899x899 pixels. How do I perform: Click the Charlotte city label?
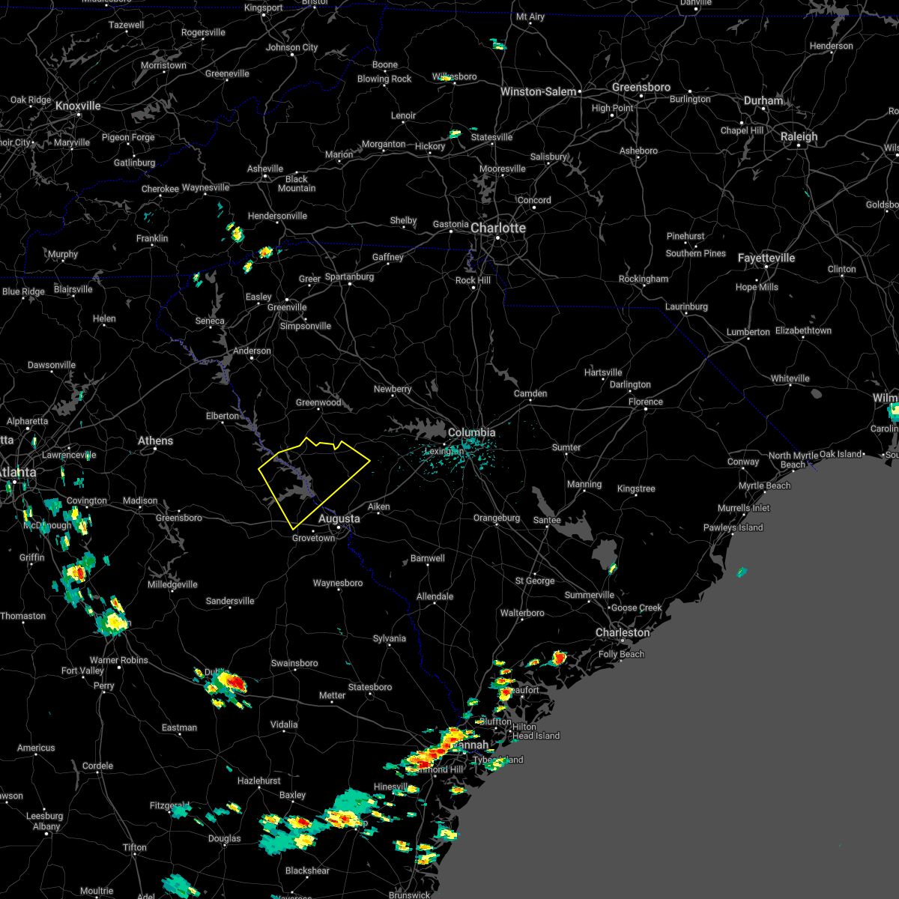498,228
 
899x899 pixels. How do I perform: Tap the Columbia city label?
471,432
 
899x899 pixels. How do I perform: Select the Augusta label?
339,518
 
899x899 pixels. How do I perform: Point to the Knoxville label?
78,106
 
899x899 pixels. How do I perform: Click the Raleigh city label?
799,136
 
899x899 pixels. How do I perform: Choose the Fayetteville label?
766,258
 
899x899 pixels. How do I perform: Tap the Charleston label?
623,632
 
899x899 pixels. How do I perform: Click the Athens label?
155,441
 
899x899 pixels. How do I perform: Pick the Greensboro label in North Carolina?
641,87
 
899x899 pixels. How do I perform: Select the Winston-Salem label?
538,91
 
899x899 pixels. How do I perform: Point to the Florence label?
645,402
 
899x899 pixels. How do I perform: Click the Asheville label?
265,169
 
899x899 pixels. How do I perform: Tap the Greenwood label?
318,402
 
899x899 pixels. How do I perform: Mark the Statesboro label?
370,687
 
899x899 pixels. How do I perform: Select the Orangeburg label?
496,518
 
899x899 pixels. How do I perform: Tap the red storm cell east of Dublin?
234,682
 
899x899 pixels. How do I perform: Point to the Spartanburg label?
349,276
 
